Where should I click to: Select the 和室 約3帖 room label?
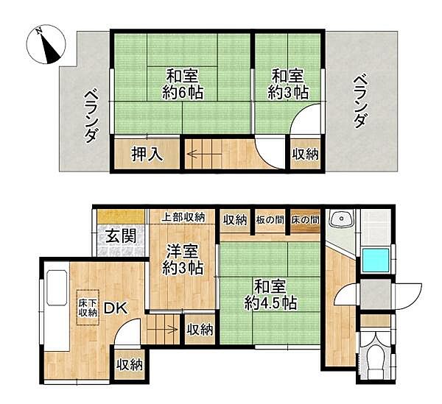(289, 85)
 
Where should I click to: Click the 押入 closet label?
(146, 155)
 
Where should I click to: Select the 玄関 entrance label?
(119, 237)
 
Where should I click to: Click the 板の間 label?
(270, 220)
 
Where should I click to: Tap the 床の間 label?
(305, 220)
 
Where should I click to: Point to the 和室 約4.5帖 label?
(270, 294)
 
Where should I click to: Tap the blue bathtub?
(376, 260)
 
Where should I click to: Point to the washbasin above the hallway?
(341, 220)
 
